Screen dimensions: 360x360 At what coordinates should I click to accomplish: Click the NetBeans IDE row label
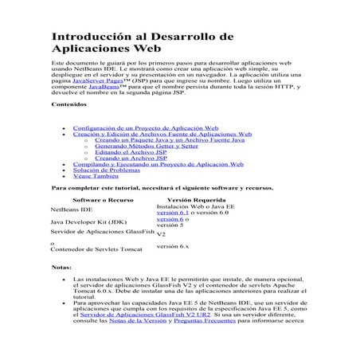click(71, 209)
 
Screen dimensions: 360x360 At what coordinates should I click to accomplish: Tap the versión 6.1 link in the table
click(172, 213)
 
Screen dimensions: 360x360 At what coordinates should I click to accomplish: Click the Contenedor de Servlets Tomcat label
click(96, 249)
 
